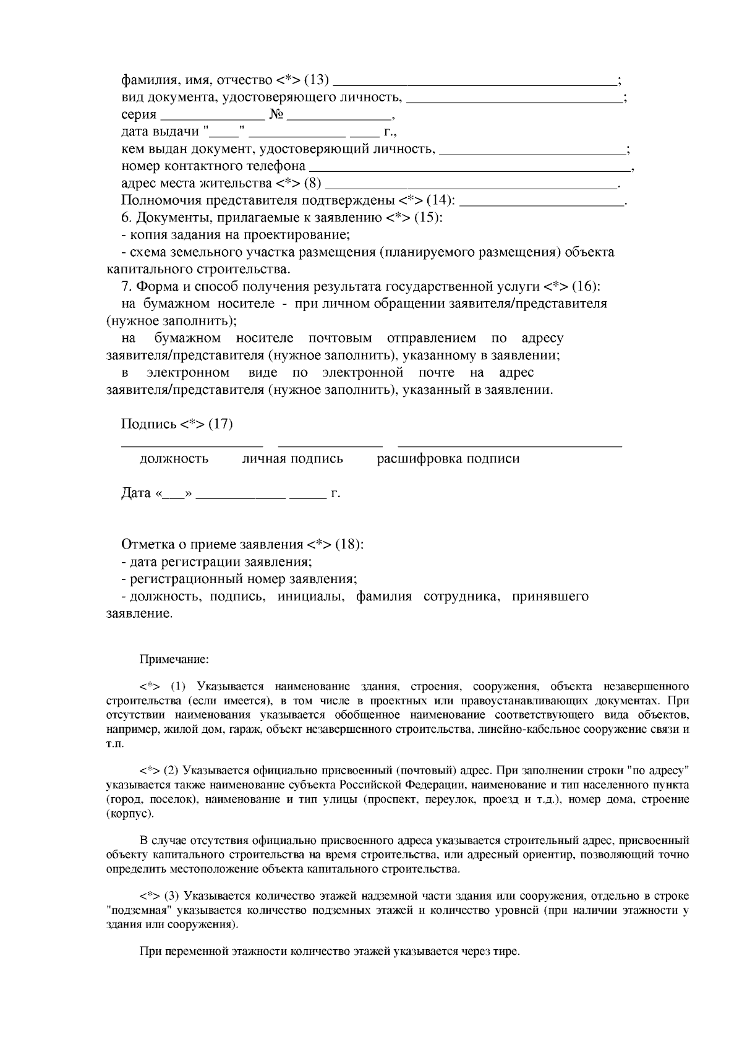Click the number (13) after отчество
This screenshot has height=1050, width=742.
(x=317, y=80)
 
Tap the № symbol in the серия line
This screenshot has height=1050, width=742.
(x=276, y=115)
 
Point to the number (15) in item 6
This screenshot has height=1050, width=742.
(x=428, y=218)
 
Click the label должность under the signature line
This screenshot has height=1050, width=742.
(x=174, y=459)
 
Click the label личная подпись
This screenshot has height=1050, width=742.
(x=292, y=459)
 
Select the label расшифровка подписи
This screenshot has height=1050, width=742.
(x=448, y=459)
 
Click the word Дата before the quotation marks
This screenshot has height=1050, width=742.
(x=136, y=493)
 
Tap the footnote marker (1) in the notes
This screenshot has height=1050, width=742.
(x=177, y=687)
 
